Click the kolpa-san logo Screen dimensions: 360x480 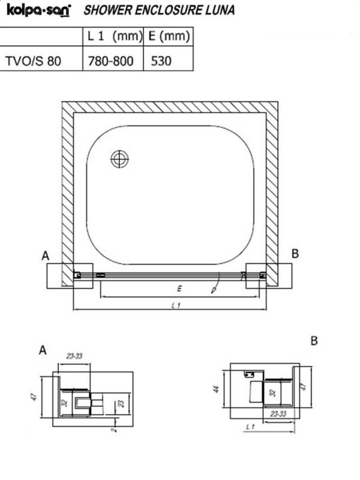(x=38, y=10)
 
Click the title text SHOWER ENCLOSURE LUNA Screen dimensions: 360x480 (x=159, y=10)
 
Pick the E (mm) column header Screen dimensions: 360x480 (x=169, y=36)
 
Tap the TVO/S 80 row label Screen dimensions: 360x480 (x=34, y=61)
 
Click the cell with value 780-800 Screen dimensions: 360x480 (x=111, y=61)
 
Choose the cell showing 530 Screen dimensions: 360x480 (x=161, y=61)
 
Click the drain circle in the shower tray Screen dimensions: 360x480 (x=119, y=159)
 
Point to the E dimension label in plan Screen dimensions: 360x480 (x=179, y=289)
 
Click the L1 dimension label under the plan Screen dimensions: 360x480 (x=176, y=305)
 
